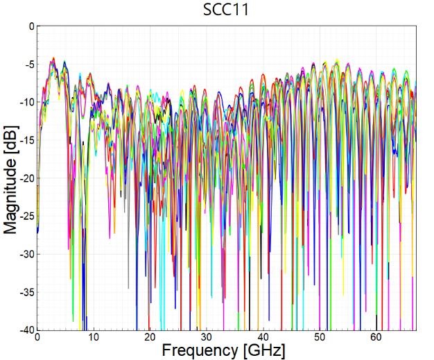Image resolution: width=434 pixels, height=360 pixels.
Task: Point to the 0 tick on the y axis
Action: pos(30,26)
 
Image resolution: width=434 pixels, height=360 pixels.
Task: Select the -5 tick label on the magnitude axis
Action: pos(28,65)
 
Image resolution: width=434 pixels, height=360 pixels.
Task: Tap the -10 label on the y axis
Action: pos(26,103)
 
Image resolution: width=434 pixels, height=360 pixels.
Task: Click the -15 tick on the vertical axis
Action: pos(26,141)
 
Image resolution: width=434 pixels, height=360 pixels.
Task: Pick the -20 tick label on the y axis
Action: pos(26,178)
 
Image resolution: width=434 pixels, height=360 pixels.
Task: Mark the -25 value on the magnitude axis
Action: pos(26,216)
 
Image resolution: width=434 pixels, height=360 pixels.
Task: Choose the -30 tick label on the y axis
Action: pos(26,255)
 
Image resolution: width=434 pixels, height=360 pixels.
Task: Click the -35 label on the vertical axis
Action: pos(26,292)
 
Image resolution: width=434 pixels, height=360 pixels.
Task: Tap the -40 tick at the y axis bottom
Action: pos(26,330)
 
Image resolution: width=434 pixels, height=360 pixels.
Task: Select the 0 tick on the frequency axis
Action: pos(37,337)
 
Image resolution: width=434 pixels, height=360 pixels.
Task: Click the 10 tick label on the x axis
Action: pos(94,337)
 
